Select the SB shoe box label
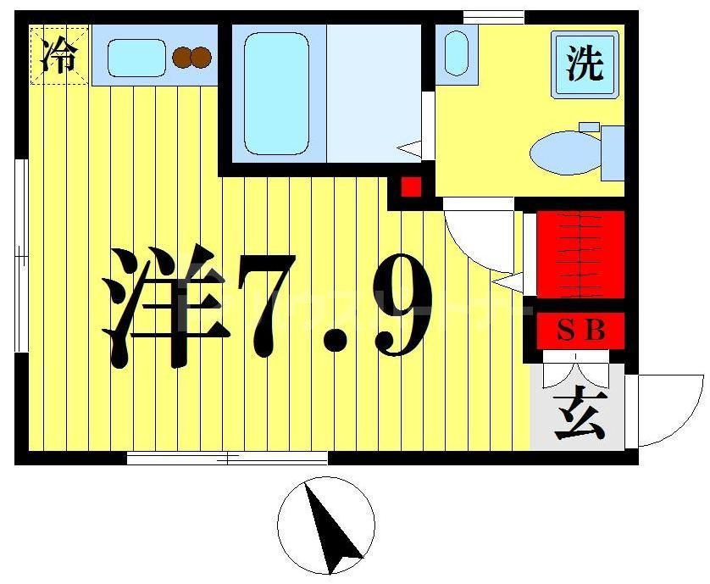click(580, 331)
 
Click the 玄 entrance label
click(580, 414)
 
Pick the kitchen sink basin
click(136, 57)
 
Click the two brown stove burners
click(191, 57)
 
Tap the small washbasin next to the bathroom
click(456, 53)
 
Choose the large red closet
click(580, 254)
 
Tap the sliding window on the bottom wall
click(227, 459)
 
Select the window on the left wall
click(20, 254)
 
